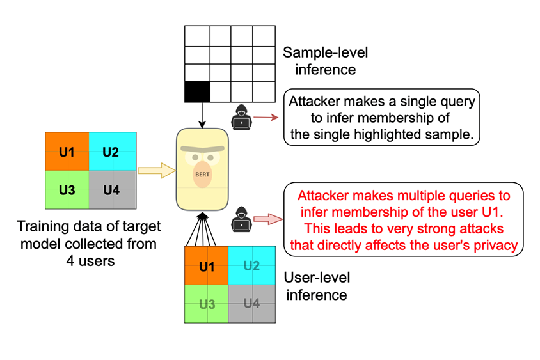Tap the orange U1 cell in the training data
(67, 152)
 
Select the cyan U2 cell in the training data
(111, 152)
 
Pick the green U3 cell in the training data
(67, 190)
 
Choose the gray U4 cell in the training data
(111, 190)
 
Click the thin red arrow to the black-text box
(266, 118)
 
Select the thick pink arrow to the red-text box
(268, 219)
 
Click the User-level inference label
(318, 286)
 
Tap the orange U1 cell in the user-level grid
(206, 266)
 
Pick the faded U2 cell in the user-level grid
(251, 266)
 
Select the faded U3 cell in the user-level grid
(206, 304)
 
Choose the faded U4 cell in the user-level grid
(251, 304)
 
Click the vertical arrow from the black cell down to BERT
(202, 115)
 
